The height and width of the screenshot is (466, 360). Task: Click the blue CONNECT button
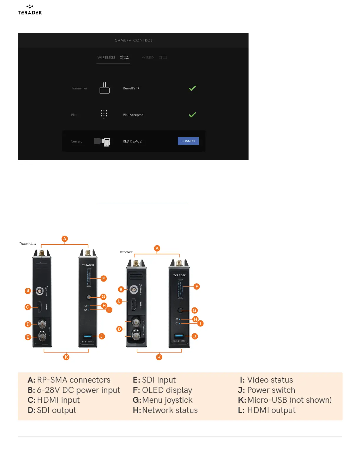point(188,141)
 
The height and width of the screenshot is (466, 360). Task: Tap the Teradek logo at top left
point(30,10)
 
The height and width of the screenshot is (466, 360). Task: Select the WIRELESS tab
point(113,57)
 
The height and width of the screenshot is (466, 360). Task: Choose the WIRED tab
point(154,57)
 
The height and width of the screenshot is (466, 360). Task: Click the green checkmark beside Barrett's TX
point(192,88)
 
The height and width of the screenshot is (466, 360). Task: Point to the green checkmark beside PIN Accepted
point(192,115)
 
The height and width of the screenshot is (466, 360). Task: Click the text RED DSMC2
point(132,142)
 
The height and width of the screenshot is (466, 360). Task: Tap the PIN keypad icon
point(104,114)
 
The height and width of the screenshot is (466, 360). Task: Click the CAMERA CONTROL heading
point(134,41)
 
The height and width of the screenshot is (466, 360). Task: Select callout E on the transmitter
point(28,337)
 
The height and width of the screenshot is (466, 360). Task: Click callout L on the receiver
point(119,301)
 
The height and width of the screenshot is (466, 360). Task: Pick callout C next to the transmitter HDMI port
point(28,307)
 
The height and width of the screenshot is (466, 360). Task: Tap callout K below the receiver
point(159,357)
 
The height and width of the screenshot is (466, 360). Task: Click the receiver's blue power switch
point(179,336)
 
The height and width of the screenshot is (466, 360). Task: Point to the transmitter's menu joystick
point(89,297)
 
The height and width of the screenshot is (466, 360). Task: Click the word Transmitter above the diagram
point(28,244)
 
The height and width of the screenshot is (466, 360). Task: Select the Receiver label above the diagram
point(126,252)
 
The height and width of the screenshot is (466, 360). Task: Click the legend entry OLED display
point(167,390)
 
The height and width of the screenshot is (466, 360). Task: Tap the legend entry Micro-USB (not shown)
point(289,400)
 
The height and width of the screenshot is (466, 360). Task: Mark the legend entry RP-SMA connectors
point(74,380)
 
